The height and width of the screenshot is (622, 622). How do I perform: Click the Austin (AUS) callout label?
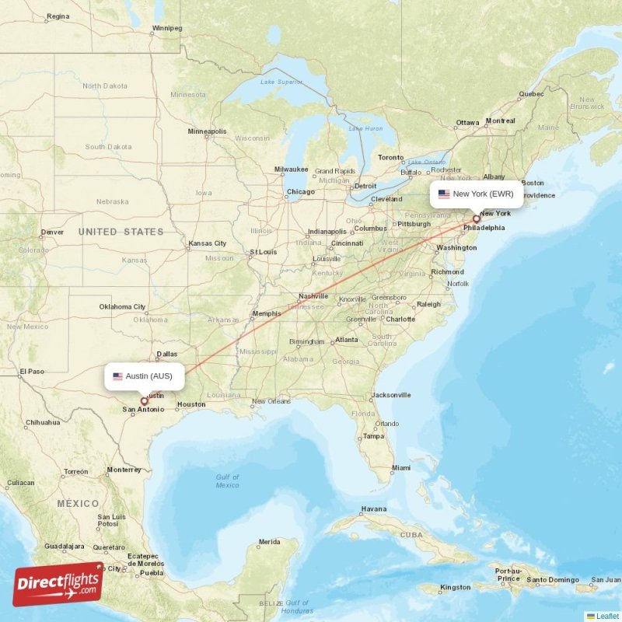pyautogui.click(x=145, y=376)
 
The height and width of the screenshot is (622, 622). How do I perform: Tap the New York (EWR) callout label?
pyautogui.click(x=476, y=194)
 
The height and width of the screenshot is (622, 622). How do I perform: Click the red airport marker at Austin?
pyautogui.click(x=144, y=402)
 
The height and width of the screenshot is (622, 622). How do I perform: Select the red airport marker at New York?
pyautogui.click(x=477, y=219)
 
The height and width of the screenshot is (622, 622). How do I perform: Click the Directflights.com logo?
pyautogui.click(x=58, y=584)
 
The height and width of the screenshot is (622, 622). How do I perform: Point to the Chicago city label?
pyautogui.click(x=300, y=192)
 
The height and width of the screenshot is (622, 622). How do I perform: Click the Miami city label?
pyautogui.click(x=401, y=468)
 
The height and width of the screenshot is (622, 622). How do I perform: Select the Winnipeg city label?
pyautogui.click(x=166, y=28)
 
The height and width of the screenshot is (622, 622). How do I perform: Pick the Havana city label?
pyautogui.click(x=374, y=509)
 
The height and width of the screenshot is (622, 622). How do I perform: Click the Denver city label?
pyautogui.click(x=52, y=232)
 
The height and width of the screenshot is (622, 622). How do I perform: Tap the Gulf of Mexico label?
pyautogui.click(x=227, y=481)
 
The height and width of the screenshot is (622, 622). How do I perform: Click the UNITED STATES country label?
pyautogui.click(x=121, y=232)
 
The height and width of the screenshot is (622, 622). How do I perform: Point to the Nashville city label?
pyautogui.click(x=313, y=296)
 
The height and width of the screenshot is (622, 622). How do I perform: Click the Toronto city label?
pyautogui.click(x=391, y=157)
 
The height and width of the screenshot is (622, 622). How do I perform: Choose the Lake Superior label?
pyautogui.click(x=281, y=82)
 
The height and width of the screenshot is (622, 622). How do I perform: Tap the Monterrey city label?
pyautogui.click(x=124, y=470)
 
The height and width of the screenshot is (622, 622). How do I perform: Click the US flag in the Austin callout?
pyautogui.click(x=118, y=376)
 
